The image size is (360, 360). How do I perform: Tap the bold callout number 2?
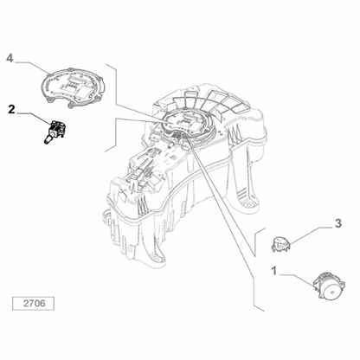point(10,109)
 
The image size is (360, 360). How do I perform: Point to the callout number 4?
point(10,59)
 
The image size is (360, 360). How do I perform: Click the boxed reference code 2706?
point(32,304)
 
